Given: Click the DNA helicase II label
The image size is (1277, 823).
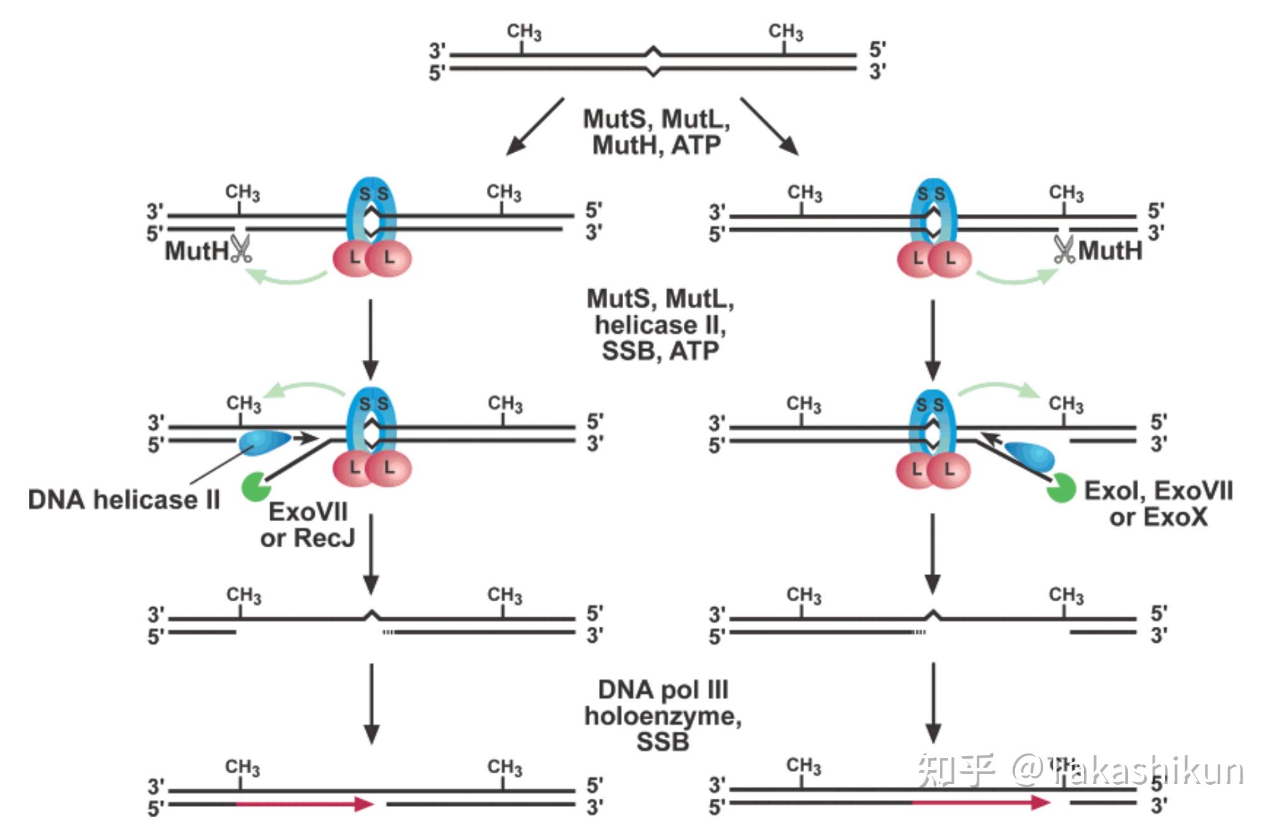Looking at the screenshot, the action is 124,499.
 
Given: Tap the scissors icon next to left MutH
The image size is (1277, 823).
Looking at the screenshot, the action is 241,249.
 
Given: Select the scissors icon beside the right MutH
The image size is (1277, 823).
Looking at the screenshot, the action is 1064,249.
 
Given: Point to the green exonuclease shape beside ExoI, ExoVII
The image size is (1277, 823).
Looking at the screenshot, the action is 1061,488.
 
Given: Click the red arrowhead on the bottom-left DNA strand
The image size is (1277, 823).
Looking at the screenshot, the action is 364,804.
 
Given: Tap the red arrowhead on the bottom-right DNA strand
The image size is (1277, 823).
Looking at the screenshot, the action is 1041,803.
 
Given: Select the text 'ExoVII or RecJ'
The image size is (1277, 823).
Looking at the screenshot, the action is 308,525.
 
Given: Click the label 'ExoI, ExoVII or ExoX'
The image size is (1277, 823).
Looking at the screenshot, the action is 1158,504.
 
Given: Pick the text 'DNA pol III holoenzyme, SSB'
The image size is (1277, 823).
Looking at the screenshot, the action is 663,715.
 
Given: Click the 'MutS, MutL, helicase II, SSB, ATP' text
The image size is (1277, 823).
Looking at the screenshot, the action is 660,325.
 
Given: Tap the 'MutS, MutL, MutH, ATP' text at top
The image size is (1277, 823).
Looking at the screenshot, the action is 656,132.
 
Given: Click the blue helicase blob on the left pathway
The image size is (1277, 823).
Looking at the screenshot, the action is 264,440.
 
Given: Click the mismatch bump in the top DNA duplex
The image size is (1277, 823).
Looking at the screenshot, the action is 653,62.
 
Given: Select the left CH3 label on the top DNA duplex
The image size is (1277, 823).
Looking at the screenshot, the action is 524,32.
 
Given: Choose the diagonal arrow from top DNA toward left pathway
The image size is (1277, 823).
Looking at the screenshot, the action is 535,126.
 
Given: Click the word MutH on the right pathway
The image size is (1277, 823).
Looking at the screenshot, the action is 1110,250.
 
